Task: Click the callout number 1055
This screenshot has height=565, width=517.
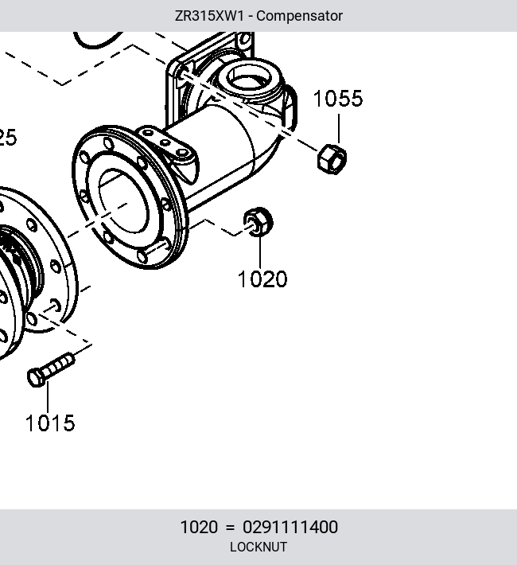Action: point(338,99)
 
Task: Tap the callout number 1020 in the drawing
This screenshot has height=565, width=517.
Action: point(262,279)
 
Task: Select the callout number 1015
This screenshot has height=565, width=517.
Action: point(50,423)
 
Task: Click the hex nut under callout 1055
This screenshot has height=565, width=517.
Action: point(332,159)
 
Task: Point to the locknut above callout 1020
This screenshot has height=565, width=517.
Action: point(258,222)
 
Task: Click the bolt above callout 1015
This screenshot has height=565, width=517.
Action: point(51,370)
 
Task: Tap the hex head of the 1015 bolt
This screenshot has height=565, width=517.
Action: point(35,378)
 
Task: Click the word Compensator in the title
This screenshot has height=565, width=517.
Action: point(299,16)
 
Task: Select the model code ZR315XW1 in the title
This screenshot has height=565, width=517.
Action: point(209,16)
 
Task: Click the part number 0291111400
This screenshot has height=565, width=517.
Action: point(290,527)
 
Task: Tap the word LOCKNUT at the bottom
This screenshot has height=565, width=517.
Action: point(258,547)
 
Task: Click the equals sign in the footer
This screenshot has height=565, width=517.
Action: point(230,528)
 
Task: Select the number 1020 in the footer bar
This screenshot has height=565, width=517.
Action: point(199,527)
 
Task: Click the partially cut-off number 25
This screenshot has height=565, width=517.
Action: point(7,138)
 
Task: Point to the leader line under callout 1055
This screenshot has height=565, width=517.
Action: point(339,129)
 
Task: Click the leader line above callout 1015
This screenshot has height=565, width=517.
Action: point(48,397)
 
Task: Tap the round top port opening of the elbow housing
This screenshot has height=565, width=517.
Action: point(250,79)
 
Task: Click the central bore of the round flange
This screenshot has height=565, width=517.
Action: point(123,201)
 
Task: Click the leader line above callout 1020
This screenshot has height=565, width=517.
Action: point(260,252)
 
